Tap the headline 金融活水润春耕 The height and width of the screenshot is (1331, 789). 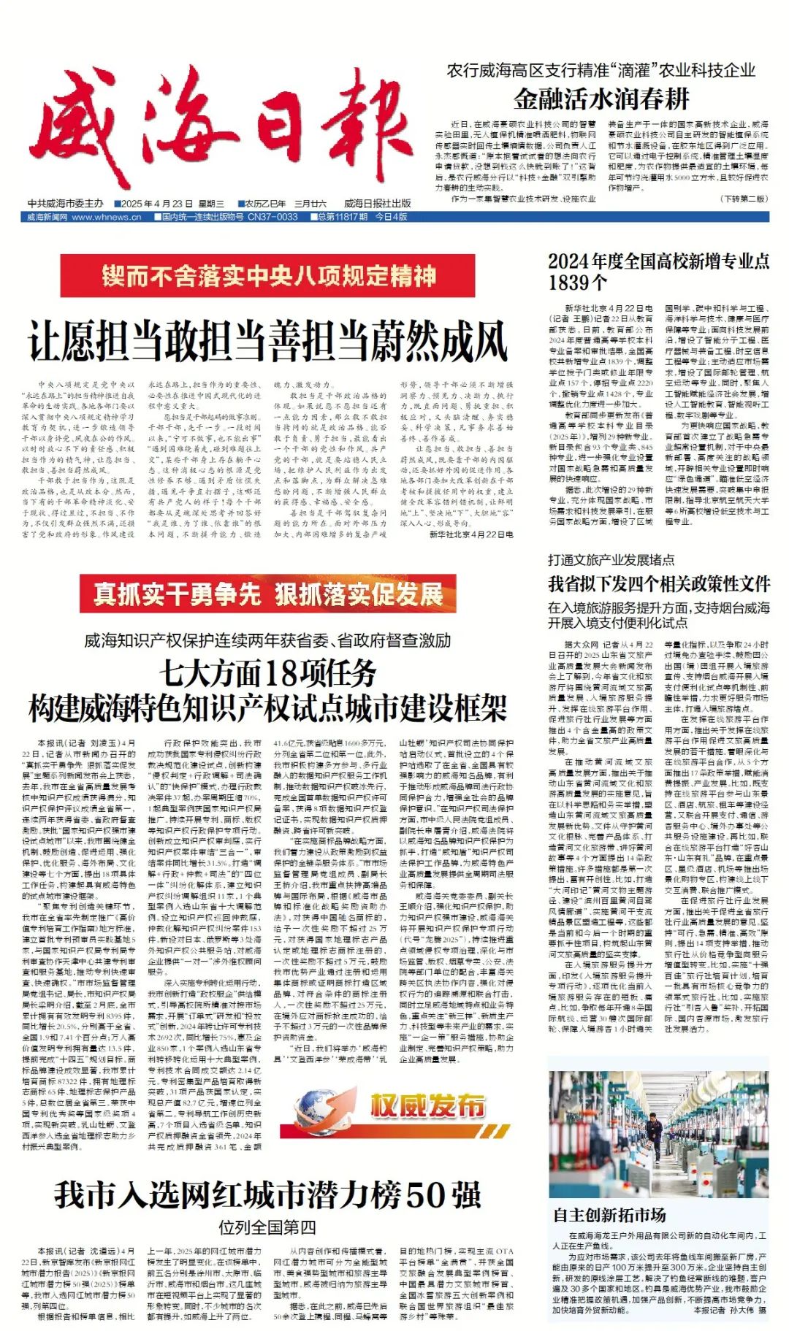tap(601, 99)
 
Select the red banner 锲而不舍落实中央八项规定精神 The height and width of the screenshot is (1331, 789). tap(269, 277)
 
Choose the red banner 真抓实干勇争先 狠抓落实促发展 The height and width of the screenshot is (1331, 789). tap(268, 594)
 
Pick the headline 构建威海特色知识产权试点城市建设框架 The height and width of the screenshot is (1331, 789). tap(268, 707)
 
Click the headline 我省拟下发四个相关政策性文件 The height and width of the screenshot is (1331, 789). tap(659, 583)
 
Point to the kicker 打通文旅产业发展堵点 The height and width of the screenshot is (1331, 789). tap(611, 560)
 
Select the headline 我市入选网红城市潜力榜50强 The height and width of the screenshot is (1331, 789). tap(268, 1195)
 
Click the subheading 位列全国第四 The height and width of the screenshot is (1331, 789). tap(268, 1227)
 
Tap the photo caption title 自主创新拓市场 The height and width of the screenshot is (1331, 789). tap(609, 1215)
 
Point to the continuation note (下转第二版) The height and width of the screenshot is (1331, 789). tap(744, 199)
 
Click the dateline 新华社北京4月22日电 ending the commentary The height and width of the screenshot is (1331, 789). tap(471, 534)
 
